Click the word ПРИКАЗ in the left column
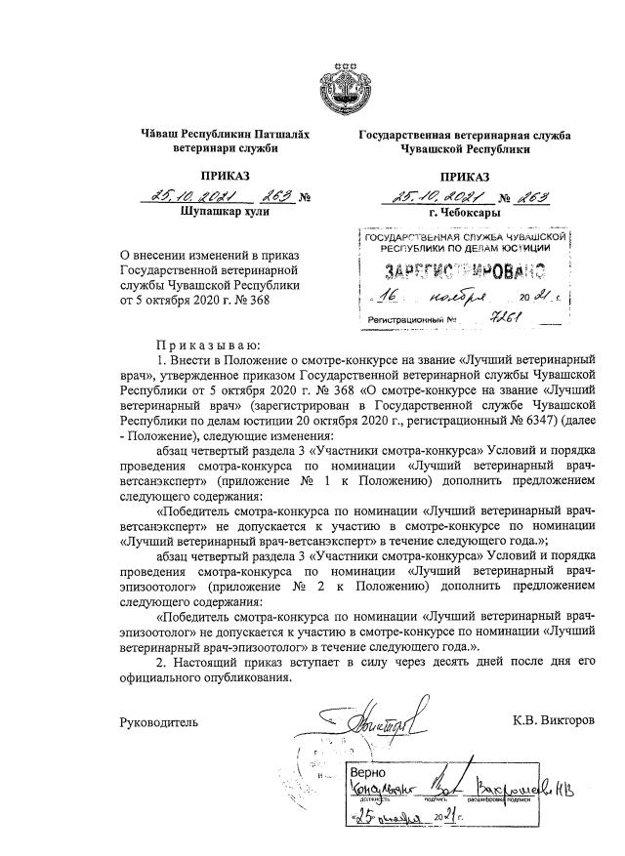[x=226, y=176]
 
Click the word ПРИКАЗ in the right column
[x=464, y=177]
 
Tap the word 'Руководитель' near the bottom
[x=158, y=723]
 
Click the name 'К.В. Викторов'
[x=553, y=722]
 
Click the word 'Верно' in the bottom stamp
[x=371, y=771]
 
